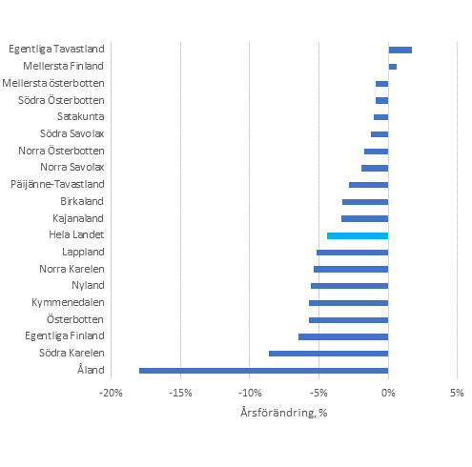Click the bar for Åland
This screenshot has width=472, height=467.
(263, 371)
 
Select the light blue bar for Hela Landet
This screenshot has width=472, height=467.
(358, 235)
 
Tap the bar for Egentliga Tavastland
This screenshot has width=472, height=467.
(400, 50)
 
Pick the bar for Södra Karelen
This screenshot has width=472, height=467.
(328, 354)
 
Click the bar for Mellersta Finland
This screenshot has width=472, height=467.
(392, 67)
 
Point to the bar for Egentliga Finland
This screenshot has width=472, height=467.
(343, 336)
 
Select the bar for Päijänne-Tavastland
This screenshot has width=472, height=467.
(368, 184)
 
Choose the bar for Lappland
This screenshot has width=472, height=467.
(352, 253)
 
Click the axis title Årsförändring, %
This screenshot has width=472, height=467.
(283, 414)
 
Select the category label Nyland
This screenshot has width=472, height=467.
(88, 286)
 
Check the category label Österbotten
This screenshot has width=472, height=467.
(80, 319)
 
